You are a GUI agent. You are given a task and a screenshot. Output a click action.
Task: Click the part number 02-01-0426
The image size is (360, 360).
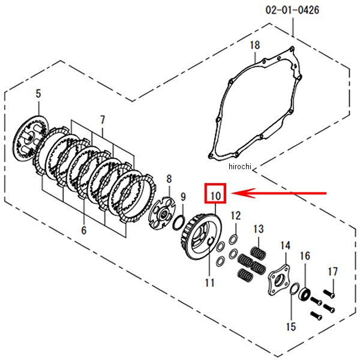coord(292,10)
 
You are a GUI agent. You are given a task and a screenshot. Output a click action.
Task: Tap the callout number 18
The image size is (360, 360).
coord(255,45)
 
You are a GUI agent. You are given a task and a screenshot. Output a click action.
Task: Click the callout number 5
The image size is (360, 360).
coord(38,94)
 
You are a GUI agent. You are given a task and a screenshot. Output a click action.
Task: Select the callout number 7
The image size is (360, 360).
coord(103,120)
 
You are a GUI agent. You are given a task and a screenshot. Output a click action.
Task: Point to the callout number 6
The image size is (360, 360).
coord(84,230)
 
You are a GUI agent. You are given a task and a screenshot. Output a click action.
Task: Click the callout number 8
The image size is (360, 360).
coord(169,179)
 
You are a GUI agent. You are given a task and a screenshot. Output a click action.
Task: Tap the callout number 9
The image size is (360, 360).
coord(183,197)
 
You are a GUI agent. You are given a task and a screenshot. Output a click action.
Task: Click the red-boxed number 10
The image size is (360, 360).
coord(215,196)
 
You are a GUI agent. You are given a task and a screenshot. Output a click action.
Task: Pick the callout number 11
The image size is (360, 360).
coord(209,283)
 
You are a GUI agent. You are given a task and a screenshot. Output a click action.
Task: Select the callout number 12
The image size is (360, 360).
coord(235,215)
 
